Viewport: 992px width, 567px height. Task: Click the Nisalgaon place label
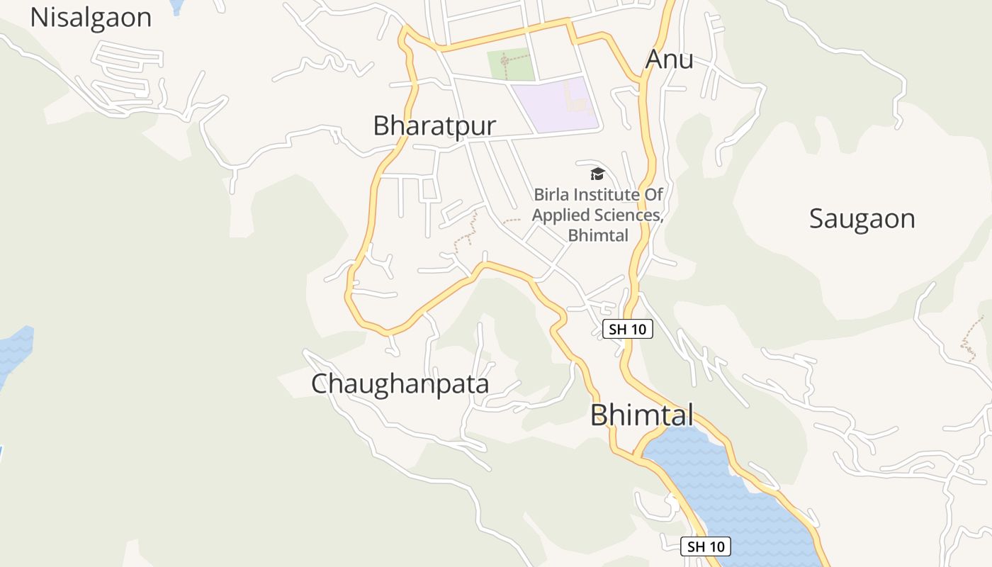click(x=91, y=18)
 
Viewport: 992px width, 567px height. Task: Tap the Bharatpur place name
click(x=434, y=125)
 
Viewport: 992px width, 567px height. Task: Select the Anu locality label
click(x=669, y=60)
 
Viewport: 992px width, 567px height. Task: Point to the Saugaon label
click(x=862, y=218)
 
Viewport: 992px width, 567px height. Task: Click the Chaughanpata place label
click(x=400, y=383)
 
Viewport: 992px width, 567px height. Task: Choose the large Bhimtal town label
click(x=641, y=415)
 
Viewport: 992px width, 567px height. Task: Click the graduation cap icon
click(x=597, y=174)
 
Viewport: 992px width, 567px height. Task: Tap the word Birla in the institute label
click(x=551, y=194)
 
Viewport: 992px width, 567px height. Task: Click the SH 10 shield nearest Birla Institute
click(x=627, y=329)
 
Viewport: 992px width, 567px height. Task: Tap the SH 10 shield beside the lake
click(x=706, y=546)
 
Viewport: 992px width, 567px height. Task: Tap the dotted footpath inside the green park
click(x=505, y=62)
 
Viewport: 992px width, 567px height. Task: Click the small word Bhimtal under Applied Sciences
click(x=598, y=235)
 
